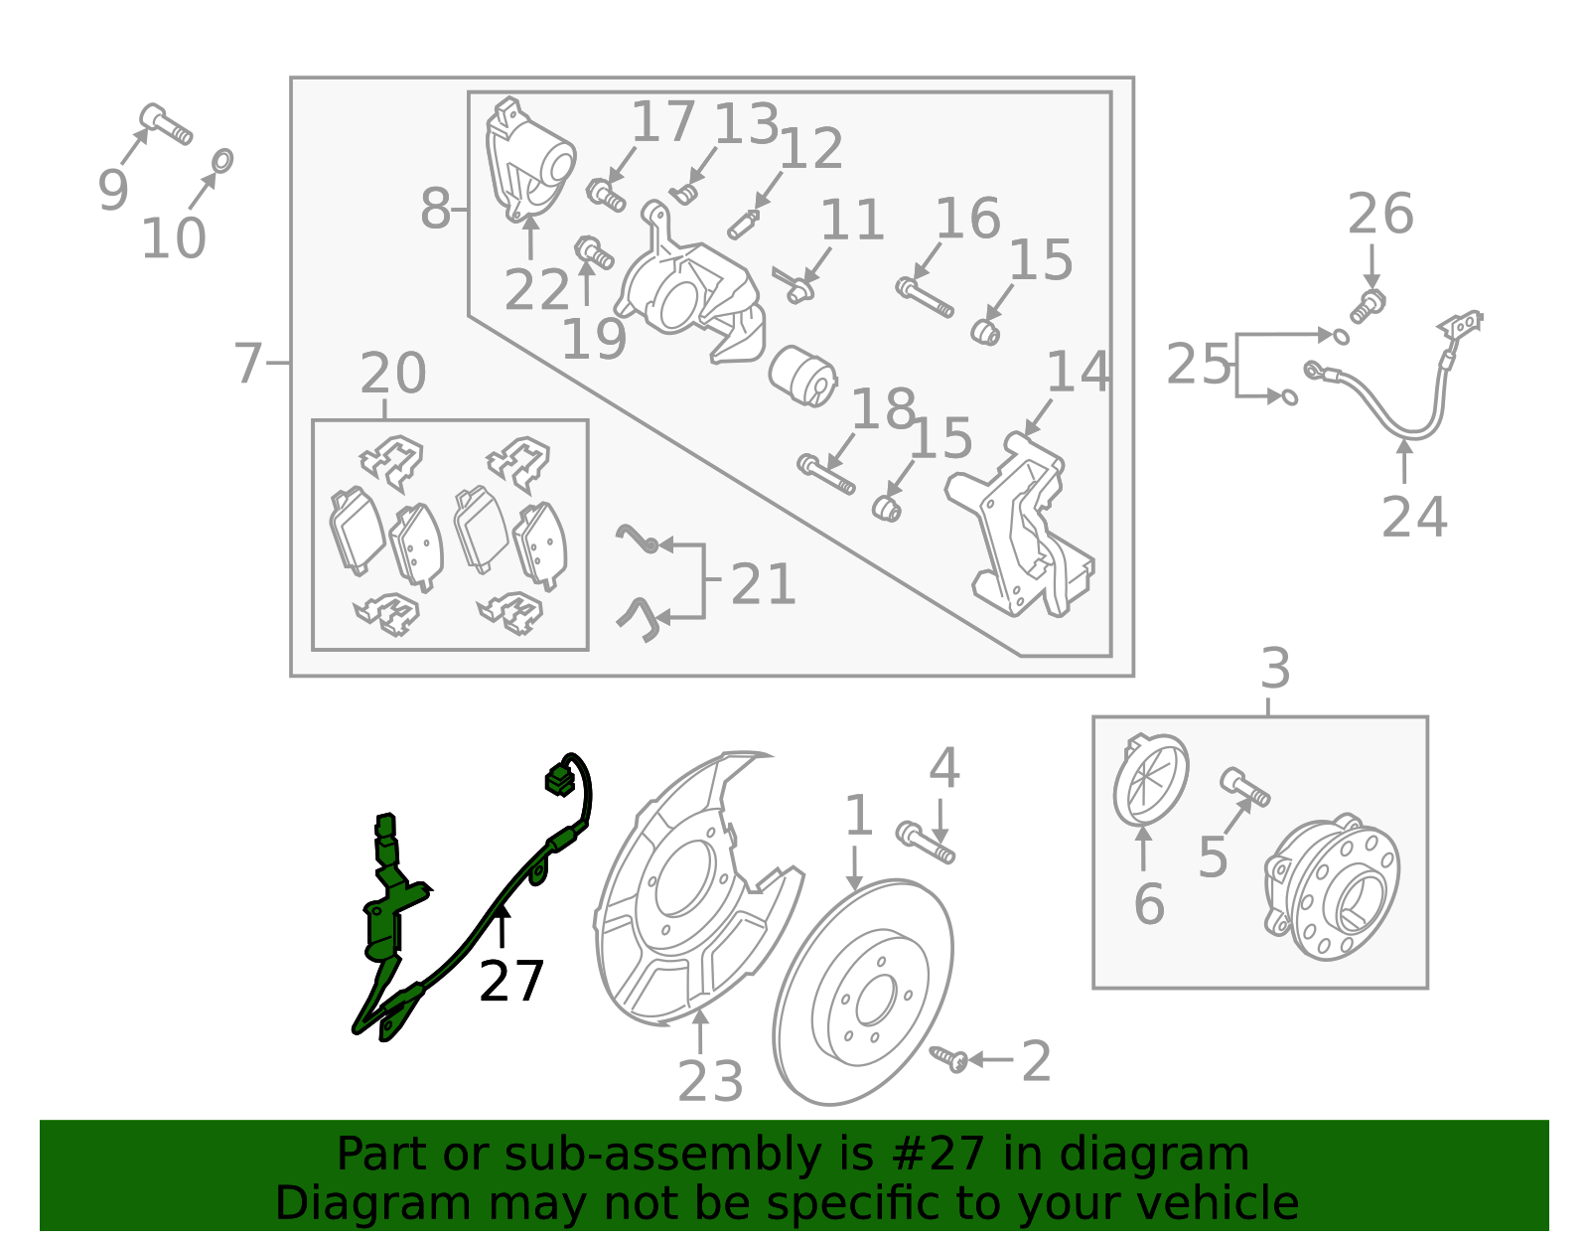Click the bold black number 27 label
point(510,982)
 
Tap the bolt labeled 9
point(165,123)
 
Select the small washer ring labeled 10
point(223,160)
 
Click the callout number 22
point(536,291)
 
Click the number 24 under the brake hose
point(1413,517)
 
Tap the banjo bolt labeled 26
point(1369,304)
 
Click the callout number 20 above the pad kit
point(392,374)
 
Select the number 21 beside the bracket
point(762,584)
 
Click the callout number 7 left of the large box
point(247,363)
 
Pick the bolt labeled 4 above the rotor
point(924,843)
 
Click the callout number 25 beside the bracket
point(1198,364)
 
